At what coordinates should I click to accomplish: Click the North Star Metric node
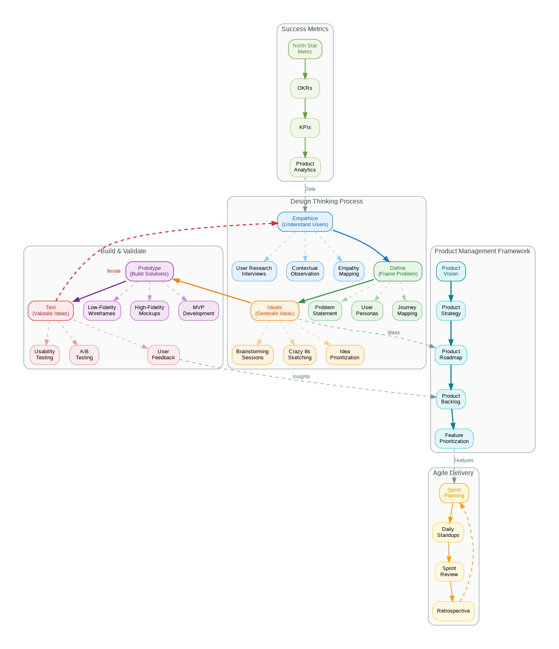[x=305, y=49]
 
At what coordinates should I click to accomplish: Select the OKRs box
[x=305, y=88]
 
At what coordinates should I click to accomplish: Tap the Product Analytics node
[x=305, y=167]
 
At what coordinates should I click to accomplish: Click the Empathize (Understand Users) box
[x=305, y=222]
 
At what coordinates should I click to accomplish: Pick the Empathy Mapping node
[x=349, y=271]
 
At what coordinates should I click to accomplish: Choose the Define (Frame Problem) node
[x=398, y=271]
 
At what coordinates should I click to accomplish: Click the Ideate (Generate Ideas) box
[x=275, y=311]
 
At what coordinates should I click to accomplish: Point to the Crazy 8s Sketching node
[x=300, y=355]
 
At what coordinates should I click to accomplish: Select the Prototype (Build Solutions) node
[x=149, y=271]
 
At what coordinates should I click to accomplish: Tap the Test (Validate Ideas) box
[x=51, y=311]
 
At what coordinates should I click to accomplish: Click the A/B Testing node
[x=84, y=355]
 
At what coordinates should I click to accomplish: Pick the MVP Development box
[x=198, y=311]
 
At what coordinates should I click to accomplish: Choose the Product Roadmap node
[x=451, y=355]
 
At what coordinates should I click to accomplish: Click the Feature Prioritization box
[x=454, y=439]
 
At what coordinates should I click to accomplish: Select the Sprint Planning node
[x=454, y=493]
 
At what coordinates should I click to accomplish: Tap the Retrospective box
[x=454, y=611]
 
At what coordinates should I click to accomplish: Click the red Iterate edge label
[x=114, y=271]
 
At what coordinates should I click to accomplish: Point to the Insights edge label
[x=301, y=377]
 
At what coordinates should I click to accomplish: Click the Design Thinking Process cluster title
[x=326, y=201]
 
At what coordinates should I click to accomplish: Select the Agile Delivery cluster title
[x=453, y=473]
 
